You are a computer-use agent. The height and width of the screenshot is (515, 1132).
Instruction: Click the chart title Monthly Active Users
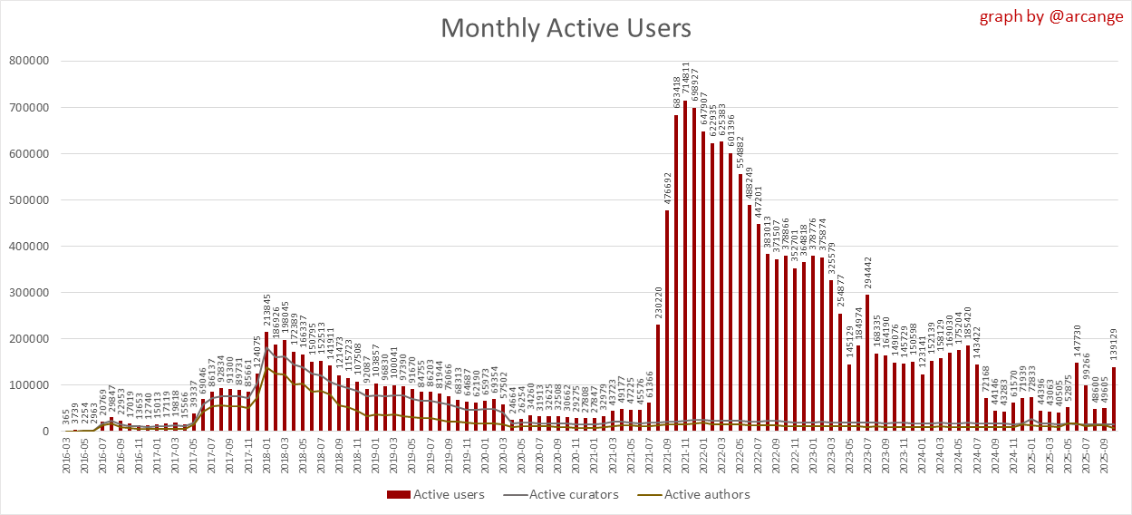[x=566, y=28]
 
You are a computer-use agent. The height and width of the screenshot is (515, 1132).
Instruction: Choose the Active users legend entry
[x=436, y=494]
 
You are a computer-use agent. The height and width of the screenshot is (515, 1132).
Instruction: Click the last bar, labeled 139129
[x=1113, y=399]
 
